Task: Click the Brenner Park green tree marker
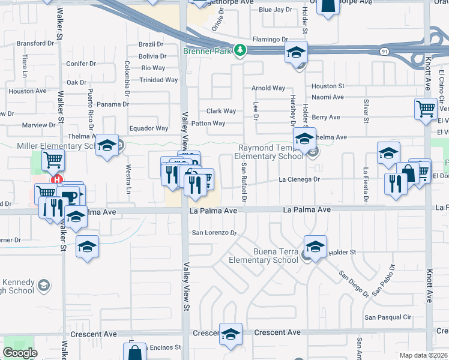240,50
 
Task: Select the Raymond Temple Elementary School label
271,152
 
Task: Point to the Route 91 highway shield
383,52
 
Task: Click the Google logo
20,353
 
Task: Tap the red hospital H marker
57,179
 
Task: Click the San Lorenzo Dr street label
214,232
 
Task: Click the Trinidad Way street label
158,80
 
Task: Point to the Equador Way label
149,128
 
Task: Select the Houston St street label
328,86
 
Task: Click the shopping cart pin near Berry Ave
426,109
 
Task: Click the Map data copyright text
424,355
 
